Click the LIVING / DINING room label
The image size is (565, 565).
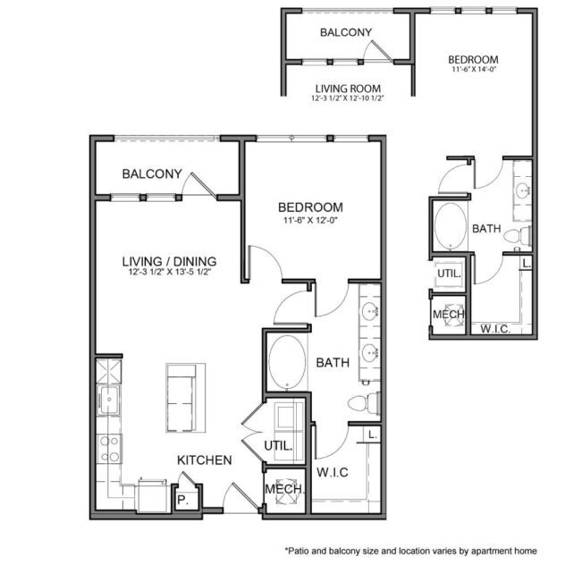(x=169, y=261)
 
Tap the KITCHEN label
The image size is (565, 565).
(x=205, y=460)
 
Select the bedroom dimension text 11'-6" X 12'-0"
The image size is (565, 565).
(x=311, y=220)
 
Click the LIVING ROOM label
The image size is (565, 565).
(x=348, y=89)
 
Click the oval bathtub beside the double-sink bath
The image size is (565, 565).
(x=286, y=361)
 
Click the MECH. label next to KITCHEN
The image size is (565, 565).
(x=285, y=491)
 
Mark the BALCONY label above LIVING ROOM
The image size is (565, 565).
(x=345, y=32)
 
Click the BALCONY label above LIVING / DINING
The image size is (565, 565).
(x=152, y=173)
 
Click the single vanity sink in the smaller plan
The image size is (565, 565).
(x=523, y=190)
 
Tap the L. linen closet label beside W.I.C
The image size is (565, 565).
(x=370, y=434)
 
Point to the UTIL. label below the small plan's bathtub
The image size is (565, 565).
(x=447, y=274)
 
